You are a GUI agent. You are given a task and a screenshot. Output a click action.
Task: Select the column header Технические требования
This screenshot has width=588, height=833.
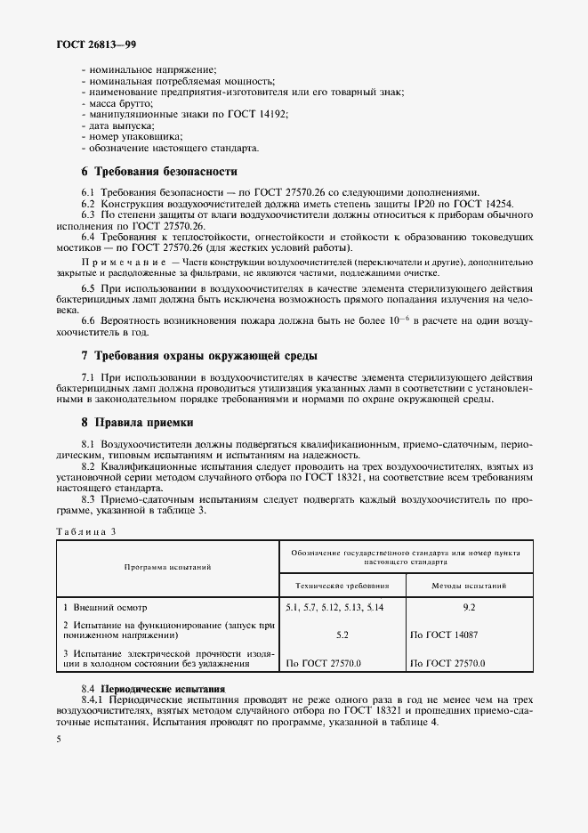tap(342, 586)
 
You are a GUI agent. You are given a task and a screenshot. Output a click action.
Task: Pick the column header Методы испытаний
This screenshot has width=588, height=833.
tap(469, 586)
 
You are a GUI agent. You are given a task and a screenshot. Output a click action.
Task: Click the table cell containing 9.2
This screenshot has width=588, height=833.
tap(470, 606)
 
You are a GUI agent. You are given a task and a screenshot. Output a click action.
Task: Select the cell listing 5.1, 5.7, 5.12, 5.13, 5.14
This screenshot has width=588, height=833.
tap(334, 606)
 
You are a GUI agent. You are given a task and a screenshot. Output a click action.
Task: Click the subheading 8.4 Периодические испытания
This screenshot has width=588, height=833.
tap(153, 689)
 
